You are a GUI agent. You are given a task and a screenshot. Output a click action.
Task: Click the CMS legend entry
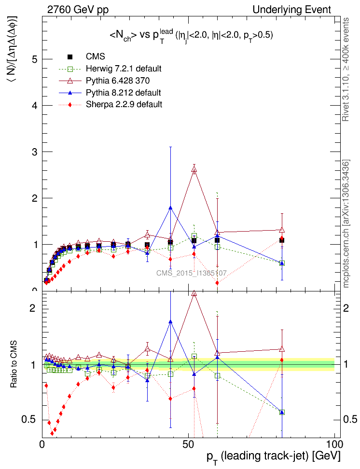(x=92, y=57)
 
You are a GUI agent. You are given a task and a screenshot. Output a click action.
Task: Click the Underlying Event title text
(x=291, y=10)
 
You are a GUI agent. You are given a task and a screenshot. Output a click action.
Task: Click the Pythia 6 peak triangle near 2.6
(x=194, y=169)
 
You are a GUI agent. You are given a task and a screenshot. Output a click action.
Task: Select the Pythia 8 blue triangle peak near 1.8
(x=170, y=207)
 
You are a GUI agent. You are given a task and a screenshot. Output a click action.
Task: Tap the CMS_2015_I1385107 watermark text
(x=192, y=273)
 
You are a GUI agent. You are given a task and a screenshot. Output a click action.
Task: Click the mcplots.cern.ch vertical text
(x=346, y=223)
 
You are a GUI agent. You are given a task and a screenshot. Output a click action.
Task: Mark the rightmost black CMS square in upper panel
(x=281, y=240)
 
